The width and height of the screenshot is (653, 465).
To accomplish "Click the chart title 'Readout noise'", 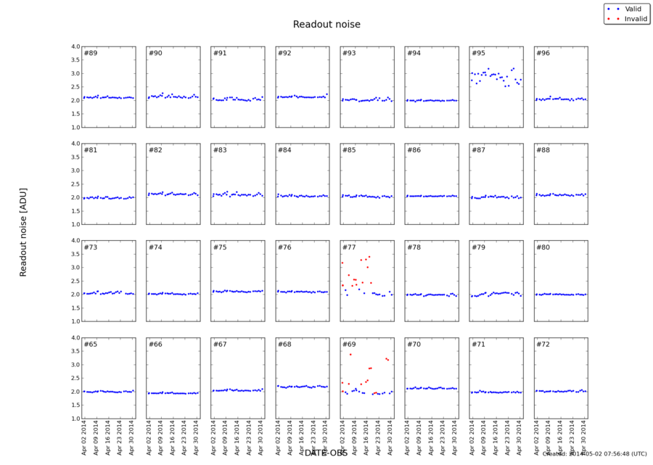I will pyautogui.click(x=326, y=25).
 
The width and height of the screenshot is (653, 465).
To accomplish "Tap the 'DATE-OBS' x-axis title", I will pyautogui.click(x=326, y=453).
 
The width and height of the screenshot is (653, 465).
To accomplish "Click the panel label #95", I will pyautogui.click(x=478, y=53).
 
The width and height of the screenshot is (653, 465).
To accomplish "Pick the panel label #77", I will pyautogui.click(x=349, y=247).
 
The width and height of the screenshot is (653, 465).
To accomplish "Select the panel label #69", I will pyautogui.click(x=349, y=344).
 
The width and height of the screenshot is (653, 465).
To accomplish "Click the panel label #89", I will pyautogui.click(x=91, y=53).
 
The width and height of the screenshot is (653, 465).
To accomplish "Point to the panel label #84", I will pyautogui.click(x=284, y=150).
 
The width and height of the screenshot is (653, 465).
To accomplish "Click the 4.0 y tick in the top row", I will pyautogui.click(x=74, y=47).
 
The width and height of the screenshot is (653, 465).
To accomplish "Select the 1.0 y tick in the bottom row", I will pyautogui.click(x=74, y=419).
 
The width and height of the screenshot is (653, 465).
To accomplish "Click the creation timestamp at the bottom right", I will pyautogui.click(x=594, y=454).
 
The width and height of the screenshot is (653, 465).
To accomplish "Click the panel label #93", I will pyautogui.click(x=349, y=53).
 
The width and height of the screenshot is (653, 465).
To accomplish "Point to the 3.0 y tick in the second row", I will pyautogui.click(x=74, y=170).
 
